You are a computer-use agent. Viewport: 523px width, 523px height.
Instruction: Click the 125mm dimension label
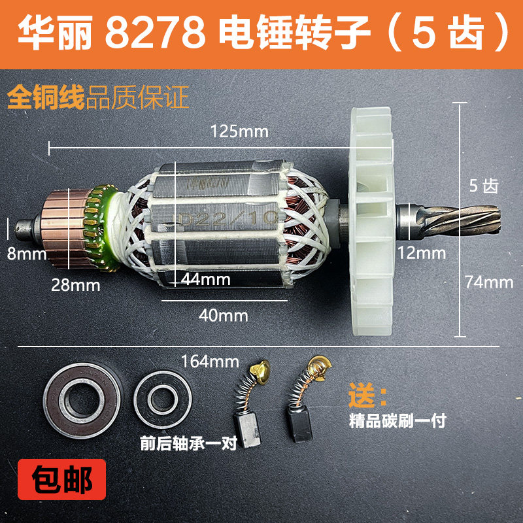pos(239,131)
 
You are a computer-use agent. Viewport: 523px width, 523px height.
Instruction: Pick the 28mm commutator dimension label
pos(76,285)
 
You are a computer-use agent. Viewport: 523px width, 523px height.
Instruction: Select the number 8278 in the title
pos(154,33)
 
